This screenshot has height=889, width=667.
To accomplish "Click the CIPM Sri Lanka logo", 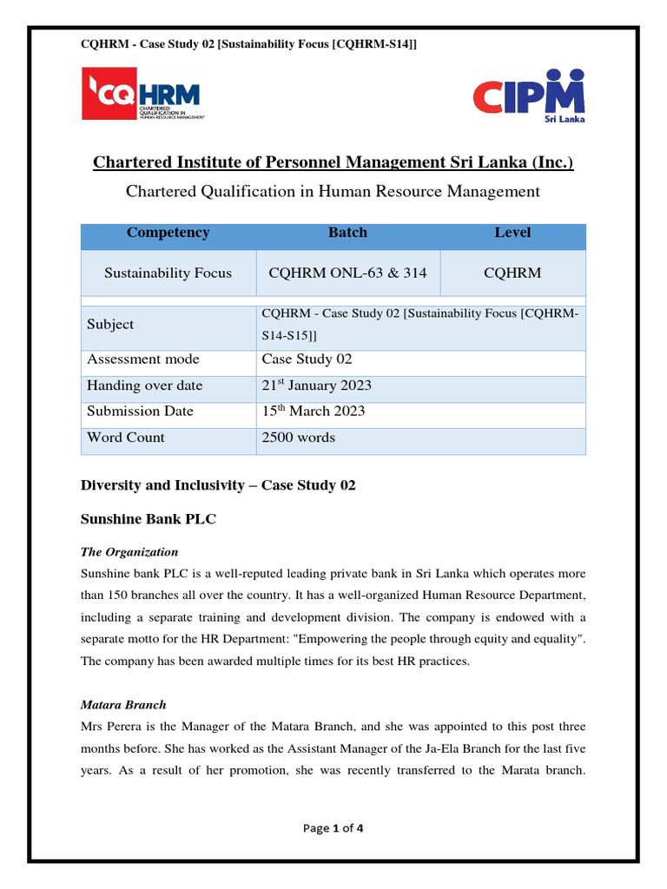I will point(528,95).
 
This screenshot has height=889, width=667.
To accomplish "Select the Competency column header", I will point(168,233).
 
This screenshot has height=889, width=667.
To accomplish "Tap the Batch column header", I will point(347,233).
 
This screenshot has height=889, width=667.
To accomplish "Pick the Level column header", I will point(512,233).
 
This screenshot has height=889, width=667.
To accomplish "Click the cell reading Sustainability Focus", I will point(168,273).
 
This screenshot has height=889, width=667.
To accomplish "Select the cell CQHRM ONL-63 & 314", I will point(347,273).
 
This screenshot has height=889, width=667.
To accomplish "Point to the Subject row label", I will point(110,325).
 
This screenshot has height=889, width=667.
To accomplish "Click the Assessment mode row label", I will point(142,359).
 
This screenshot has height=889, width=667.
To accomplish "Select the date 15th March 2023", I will point(313,412).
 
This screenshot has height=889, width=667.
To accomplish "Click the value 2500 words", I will point(298,438).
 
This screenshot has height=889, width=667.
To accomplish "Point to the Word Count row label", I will point(125,438).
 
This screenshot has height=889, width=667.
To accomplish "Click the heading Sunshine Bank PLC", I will point(148,519).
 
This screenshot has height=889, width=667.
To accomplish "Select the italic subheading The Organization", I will point(129,552).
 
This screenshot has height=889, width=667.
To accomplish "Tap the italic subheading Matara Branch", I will point(122,705).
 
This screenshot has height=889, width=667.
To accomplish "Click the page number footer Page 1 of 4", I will point(333,828).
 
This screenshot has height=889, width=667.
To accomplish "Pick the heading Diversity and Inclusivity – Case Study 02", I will point(218,485).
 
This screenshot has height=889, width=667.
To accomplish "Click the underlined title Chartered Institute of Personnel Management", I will point(333,162).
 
